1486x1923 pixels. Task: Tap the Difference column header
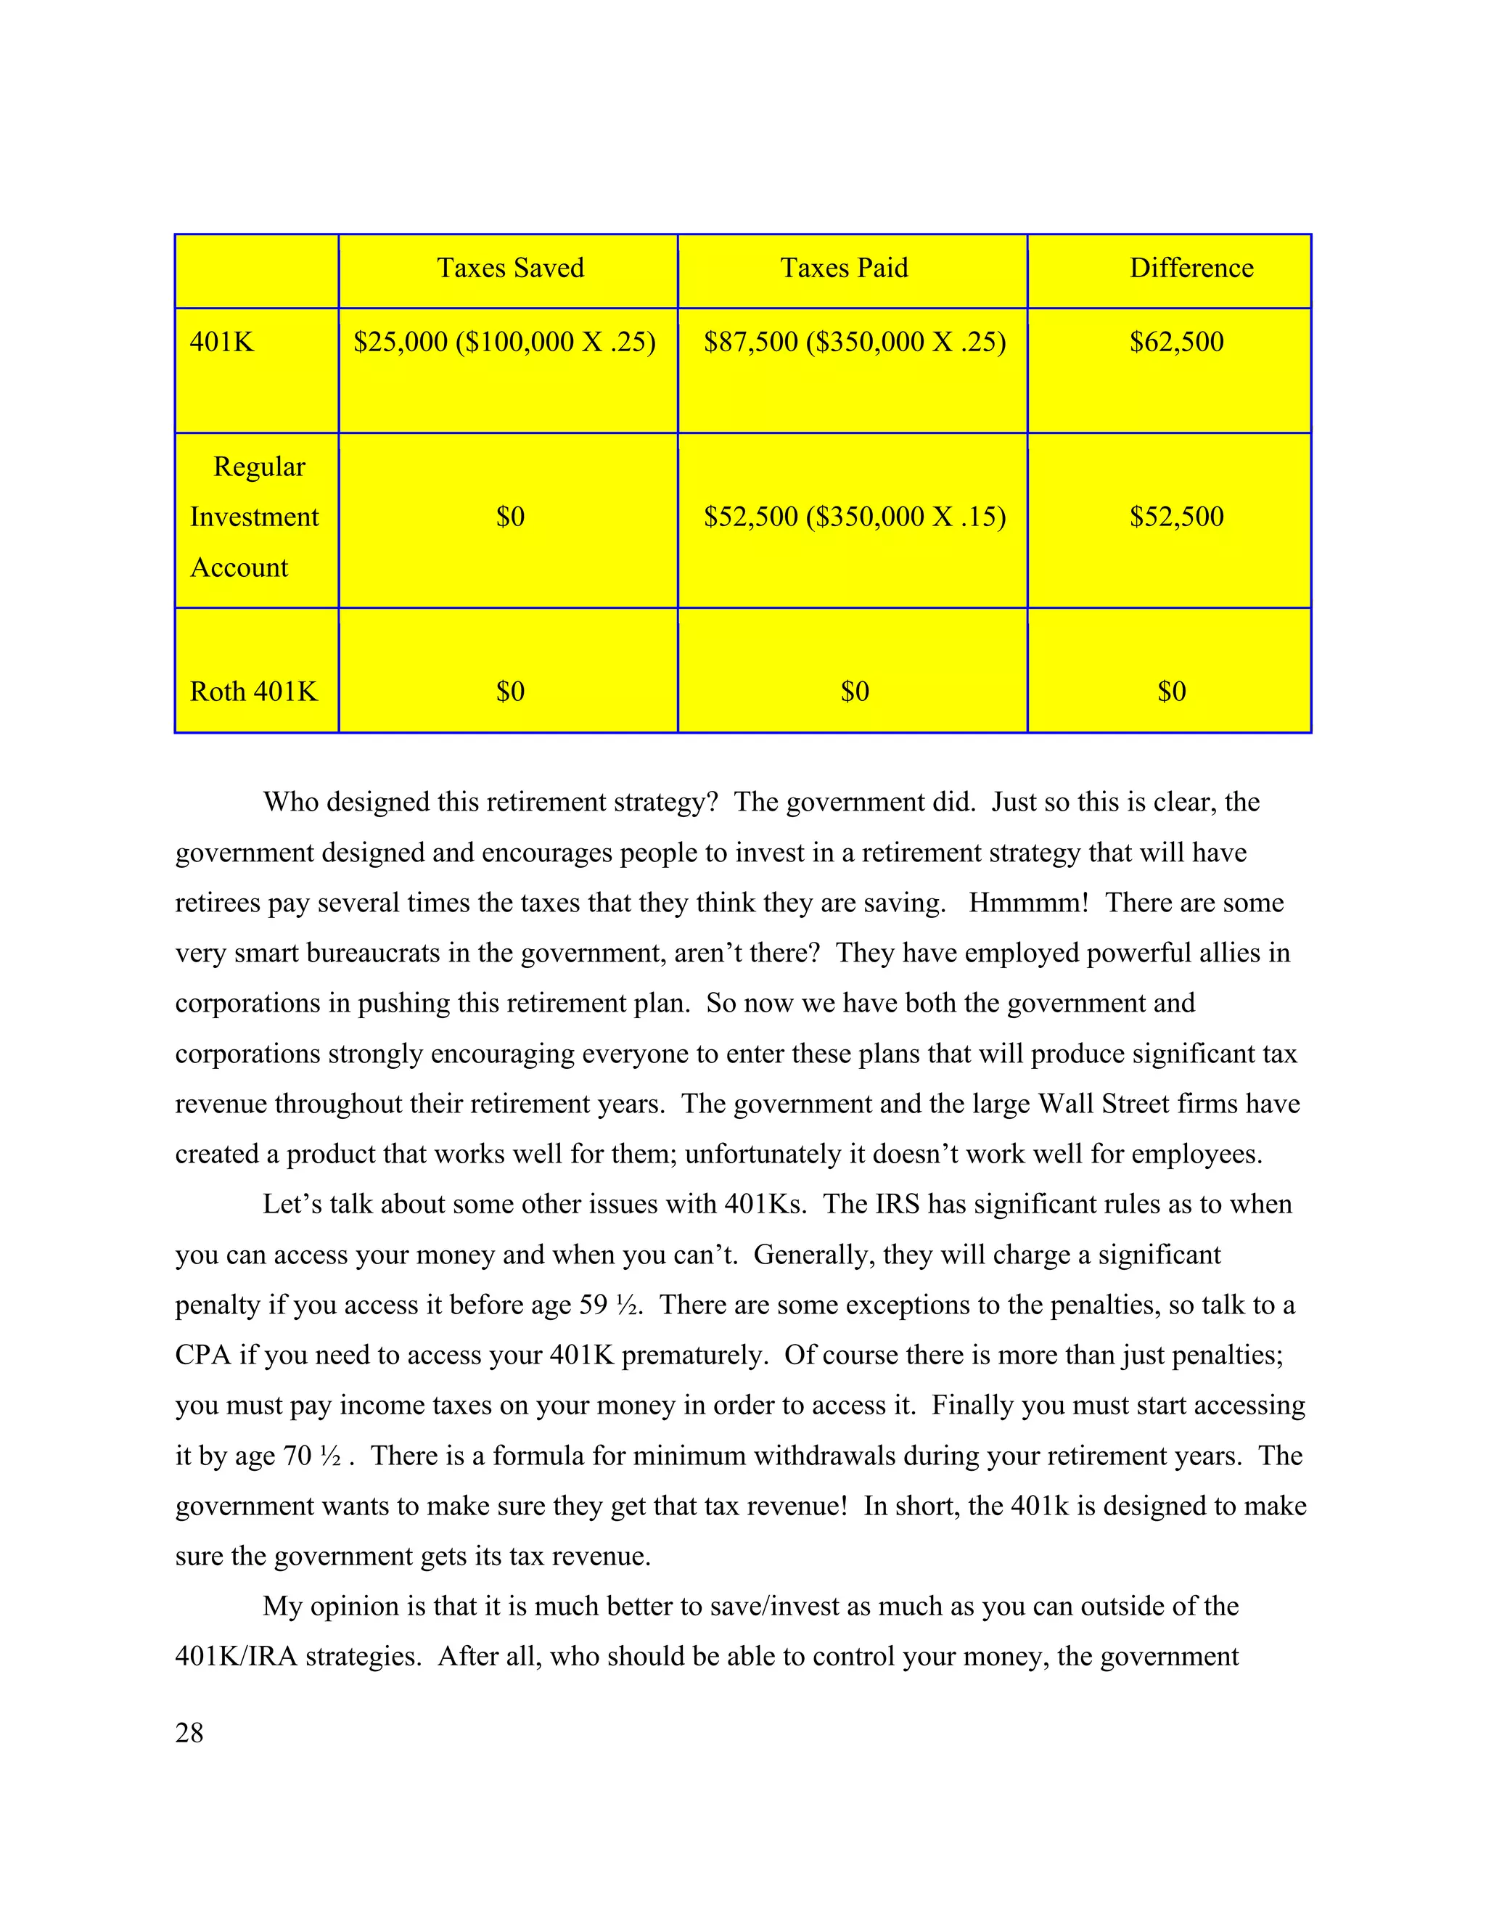click(1191, 268)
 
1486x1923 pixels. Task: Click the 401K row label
click(222, 342)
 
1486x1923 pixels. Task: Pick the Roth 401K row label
click(253, 691)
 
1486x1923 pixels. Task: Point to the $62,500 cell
click(1176, 342)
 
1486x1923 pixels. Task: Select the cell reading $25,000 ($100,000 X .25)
click(504, 342)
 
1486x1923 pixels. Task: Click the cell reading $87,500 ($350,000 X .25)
click(854, 342)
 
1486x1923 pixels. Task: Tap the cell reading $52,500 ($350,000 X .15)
click(854, 517)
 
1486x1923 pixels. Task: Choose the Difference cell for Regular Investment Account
click(1176, 517)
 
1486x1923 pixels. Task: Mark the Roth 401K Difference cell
click(1171, 691)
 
